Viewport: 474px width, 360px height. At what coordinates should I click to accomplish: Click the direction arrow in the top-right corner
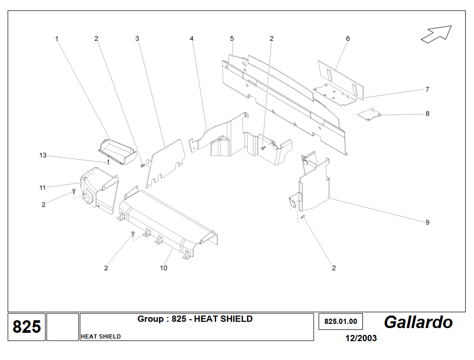click(436, 33)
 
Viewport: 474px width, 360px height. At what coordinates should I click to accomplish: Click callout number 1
click(57, 39)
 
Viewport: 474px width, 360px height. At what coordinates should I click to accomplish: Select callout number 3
click(137, 39)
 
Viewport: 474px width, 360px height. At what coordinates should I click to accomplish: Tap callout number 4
click(192, 39)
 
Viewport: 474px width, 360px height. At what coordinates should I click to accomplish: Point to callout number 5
click(232, 39)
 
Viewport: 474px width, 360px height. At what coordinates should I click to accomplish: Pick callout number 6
click(348, 39)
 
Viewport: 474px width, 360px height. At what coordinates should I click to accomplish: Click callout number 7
click(427, 89)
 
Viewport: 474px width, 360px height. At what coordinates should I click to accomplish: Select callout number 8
click(427, 114)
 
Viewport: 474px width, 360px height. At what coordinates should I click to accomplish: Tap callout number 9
click(427, 222)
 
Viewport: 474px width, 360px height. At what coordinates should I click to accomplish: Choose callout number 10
click(163, 268)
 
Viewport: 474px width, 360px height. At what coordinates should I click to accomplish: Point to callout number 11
click(42, 187)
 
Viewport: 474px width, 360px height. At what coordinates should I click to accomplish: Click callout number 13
click(43, 155)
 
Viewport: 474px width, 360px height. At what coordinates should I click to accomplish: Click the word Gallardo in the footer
click(418, 322)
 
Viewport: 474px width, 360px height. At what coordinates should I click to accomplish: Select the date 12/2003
click(361, 338)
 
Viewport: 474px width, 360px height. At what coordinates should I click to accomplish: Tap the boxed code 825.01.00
click(340, 322)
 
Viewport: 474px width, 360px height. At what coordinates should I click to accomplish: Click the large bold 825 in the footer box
click(27, 327)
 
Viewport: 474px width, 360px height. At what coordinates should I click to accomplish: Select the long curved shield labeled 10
click(168, 222)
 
